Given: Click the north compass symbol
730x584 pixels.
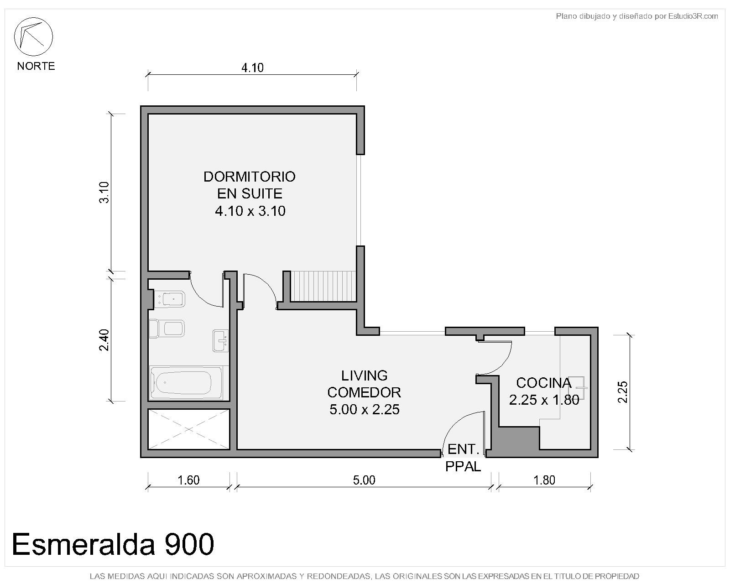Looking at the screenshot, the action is coord(33,36).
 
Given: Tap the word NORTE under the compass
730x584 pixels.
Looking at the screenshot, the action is coord(36,66).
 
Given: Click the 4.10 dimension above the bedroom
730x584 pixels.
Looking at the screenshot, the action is coord(252,68).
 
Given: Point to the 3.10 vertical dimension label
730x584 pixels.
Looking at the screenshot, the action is coord(104,193).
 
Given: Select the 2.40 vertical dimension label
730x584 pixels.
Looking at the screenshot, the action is coord(104,339).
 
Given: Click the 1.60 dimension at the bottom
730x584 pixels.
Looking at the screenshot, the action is coord(188,480).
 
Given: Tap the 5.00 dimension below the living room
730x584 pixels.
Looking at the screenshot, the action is coord(364,480).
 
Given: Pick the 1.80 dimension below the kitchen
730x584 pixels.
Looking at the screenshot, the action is coord(544,480).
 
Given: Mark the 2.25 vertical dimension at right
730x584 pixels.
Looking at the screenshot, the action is coord(623,392).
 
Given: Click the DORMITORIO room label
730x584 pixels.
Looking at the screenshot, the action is coord(249,177).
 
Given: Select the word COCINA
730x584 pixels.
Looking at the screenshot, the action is coord(544,383).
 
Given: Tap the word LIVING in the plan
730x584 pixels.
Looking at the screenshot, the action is coord(365,375).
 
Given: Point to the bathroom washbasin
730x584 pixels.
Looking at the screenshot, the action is coord(220,341).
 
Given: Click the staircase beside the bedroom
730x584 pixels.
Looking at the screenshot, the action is coord(323,286).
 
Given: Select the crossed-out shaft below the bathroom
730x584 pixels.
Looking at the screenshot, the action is coord(189,429).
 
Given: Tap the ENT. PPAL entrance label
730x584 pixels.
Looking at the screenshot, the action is coord(463,458).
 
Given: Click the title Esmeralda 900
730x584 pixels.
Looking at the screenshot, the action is coord(113,544).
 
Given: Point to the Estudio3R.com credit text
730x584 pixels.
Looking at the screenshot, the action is coord(637,16).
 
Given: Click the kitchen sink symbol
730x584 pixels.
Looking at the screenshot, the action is coord(578,387).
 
